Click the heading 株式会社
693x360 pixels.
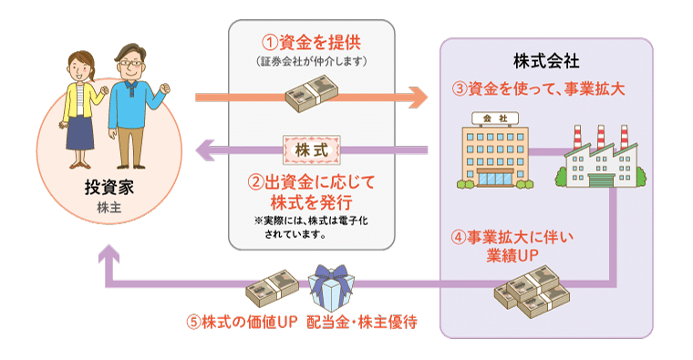tap(546, 61)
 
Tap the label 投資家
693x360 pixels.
tap(109, 188)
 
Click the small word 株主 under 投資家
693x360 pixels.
tap(109, 208)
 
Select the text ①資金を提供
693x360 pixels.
tap(312, 43)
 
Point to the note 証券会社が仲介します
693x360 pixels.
tap(312, 61)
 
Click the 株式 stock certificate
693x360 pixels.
tap(312, 150)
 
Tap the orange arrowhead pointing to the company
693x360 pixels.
tap(419, 98)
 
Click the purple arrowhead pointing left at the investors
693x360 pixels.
tap(205, 150)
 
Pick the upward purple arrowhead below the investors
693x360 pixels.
tap(109, 254)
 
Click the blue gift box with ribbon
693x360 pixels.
tap(331, 288)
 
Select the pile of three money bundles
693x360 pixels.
tap(532, 292)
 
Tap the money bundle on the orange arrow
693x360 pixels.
tap(312, 93)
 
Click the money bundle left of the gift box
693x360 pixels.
tap(273, 288)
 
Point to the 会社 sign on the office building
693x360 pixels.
tap(495, 118)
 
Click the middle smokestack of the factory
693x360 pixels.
tap(601, 138)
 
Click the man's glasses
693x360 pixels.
tap(130, 63)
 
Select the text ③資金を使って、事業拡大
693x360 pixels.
tap(538, 88)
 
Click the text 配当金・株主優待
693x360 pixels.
tap(362, 322)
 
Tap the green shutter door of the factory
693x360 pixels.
tap(601, 180)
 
